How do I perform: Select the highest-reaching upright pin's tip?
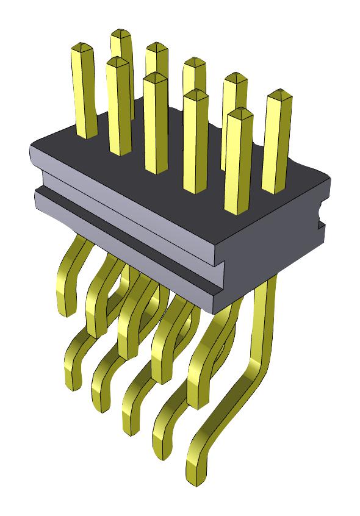tap(121, 33)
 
